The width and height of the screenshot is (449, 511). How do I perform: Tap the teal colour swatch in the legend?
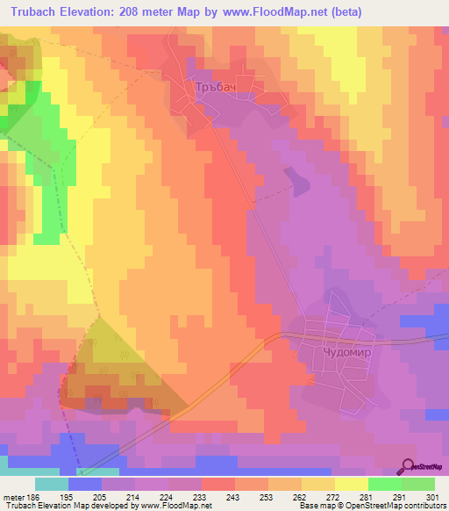tap(52, 484)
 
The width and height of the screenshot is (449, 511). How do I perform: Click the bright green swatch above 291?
tap(385, 484)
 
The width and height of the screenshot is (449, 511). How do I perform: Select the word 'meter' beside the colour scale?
tap(12, 496)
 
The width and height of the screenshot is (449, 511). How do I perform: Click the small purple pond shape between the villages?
tap(299, 183)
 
